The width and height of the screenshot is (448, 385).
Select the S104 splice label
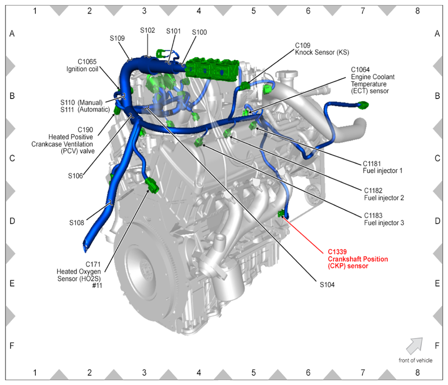click(327, 284)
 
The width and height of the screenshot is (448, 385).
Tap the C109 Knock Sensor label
click(322, 49)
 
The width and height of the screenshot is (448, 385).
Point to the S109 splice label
click(117, 38)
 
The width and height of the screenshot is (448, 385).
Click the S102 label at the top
click(147, 30)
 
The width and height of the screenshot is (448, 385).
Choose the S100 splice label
click(200, 32)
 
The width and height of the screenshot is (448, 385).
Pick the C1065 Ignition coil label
click(82, 65)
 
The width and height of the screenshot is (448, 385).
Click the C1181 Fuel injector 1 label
click(382, 167)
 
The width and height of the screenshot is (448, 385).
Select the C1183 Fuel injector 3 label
click(384, 219)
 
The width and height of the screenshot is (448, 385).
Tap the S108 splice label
click(77, 223)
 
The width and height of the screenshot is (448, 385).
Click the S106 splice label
click(75, 176)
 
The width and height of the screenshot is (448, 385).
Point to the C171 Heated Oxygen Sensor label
click(79, 275)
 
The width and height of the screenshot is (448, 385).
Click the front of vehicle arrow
click(415, 346)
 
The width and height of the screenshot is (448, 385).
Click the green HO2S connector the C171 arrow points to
click(152, 185)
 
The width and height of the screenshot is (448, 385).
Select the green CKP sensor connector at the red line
click(281, 213)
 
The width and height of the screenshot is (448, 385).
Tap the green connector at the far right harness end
click(363, 105)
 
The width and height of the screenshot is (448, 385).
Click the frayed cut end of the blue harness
click(85, 246)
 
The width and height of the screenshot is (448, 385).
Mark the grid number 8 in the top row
click(417, 11)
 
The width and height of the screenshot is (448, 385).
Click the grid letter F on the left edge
click(12, 346)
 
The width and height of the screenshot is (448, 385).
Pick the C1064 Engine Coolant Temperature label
click(373, 80)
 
